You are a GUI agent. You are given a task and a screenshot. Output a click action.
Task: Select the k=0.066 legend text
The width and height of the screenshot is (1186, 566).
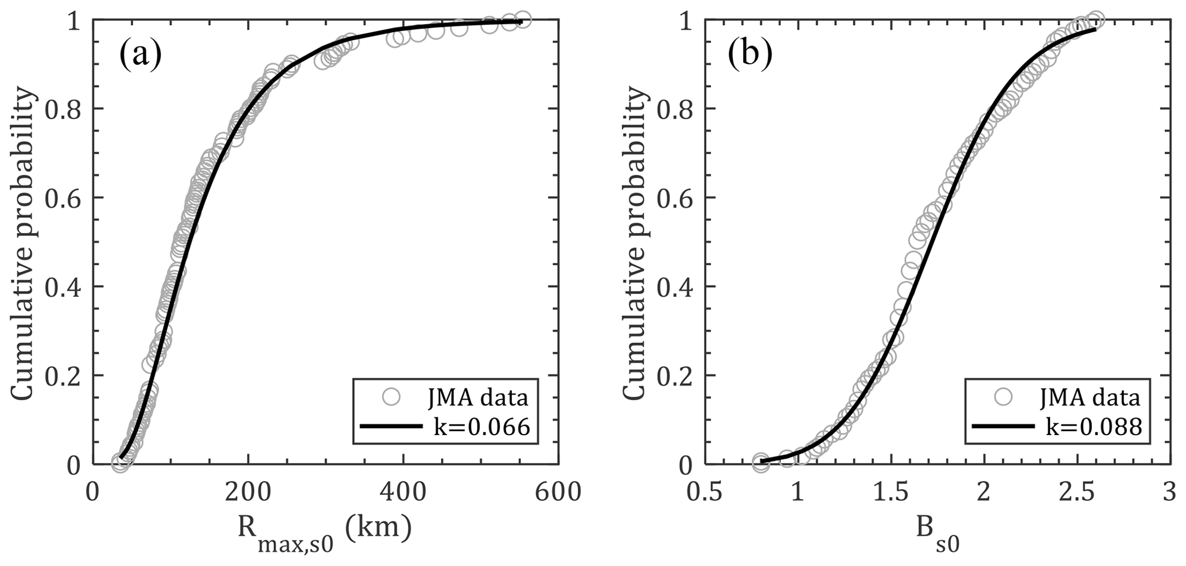(x=481, y=427)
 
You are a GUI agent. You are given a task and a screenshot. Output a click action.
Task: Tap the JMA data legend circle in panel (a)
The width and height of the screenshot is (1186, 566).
(x=391, y=397)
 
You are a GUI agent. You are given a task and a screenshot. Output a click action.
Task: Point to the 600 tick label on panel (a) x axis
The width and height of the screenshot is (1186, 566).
(x=558, y=492)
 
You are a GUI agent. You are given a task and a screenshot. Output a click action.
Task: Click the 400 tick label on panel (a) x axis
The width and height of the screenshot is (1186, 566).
(x=403, y=492)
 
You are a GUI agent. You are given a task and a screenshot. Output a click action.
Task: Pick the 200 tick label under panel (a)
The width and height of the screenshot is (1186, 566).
(x=248, y=492)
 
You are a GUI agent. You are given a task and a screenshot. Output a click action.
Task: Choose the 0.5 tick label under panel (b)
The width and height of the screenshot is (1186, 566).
(x=703, y=492)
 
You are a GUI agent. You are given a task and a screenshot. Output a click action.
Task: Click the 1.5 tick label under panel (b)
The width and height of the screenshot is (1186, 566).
(x=891, y=492)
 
